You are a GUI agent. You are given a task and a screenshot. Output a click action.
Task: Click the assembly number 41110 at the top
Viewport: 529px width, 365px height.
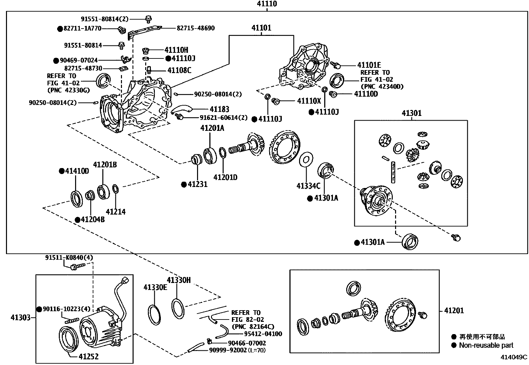(267, 4)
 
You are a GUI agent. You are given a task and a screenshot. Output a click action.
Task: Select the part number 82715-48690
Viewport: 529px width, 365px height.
(196, 28)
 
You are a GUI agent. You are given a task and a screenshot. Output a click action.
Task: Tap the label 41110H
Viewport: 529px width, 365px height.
(176, 50)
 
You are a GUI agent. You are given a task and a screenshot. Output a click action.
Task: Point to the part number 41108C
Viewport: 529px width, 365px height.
(179, 70)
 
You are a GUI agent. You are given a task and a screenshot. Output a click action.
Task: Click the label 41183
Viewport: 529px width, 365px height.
(219, 109)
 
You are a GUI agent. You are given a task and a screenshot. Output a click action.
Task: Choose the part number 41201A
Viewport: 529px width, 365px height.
(212, 128)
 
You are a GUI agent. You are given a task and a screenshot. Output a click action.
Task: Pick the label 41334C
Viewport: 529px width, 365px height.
(308, 186)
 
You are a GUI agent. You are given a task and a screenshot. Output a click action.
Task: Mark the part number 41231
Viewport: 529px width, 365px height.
(198, 184)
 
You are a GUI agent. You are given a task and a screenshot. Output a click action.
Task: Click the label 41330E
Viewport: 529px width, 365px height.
(156, 287)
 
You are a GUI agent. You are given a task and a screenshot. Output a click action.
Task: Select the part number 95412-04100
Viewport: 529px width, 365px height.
(263, 334)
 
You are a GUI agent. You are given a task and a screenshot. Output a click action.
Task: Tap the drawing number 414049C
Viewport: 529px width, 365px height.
(514, 357)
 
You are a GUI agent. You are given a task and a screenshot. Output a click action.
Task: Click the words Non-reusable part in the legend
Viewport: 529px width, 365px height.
(486, 345)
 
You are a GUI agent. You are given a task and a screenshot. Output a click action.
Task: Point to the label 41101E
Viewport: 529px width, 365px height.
(369, 65)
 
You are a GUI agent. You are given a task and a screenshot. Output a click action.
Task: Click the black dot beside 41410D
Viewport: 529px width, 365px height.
(61, 171)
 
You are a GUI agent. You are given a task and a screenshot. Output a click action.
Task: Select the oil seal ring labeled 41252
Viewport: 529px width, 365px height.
(69, 340)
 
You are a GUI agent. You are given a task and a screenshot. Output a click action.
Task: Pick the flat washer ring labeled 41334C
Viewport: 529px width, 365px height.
(306, 160)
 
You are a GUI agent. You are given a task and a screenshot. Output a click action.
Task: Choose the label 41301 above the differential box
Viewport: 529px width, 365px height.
(412, 113)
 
